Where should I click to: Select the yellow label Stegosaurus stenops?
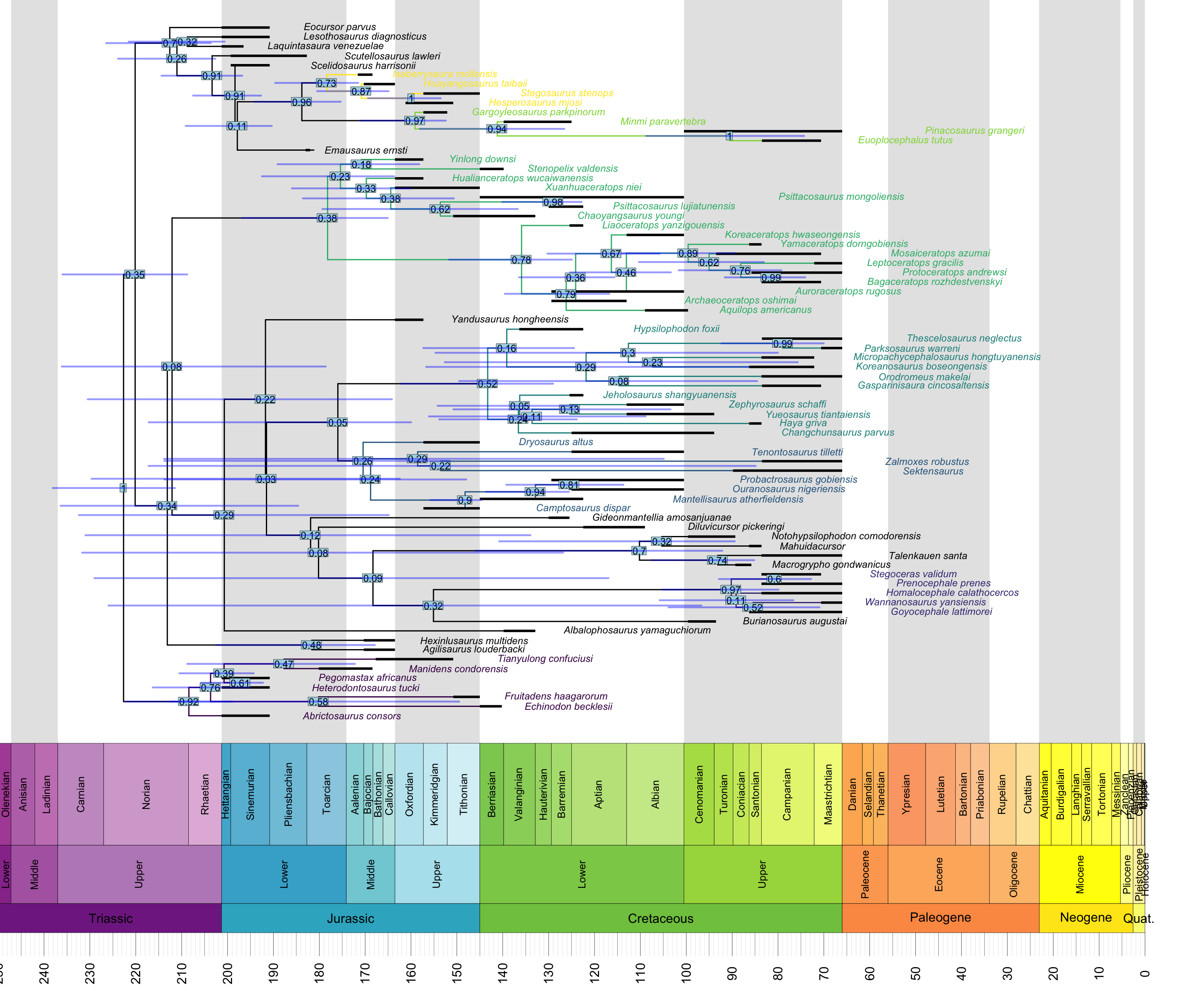(567, 93)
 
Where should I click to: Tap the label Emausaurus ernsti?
(366, 150)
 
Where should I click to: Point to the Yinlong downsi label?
(482, 159)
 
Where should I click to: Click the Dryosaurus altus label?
(555, 442)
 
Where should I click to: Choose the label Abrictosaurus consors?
(352, 716)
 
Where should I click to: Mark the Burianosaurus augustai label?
(794, 621)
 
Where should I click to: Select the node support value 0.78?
(521, 260)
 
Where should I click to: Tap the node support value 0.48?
(311, 645)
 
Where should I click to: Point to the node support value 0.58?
(318, 702)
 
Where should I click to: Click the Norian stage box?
(146, 794)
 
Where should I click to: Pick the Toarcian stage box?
(326, 794)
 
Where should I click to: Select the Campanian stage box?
(787, 794)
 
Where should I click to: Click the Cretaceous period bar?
(660, 918)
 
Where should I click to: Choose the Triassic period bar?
(110, 918)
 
